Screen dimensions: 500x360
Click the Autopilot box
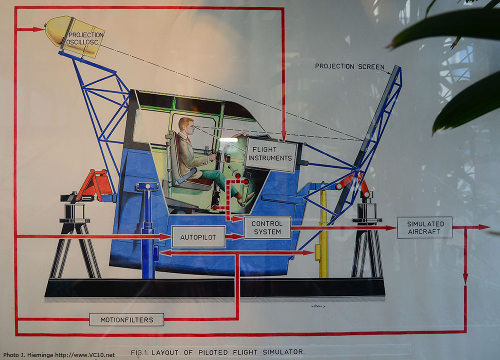(198, 237)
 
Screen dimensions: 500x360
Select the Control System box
(267, 227)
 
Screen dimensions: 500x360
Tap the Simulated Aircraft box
(424, 227)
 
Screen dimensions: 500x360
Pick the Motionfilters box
(126, 319)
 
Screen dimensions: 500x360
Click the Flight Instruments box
(270, 154)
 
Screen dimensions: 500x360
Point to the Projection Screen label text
(349, 66)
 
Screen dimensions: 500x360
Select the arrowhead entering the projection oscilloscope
(39, 29)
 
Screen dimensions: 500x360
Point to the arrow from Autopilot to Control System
(234, 237)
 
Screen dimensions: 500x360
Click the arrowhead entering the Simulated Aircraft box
(391, 228)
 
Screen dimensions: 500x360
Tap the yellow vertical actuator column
(323, 233)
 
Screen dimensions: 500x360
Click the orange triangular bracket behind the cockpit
(95, 185)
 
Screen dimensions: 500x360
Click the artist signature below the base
(317, 306)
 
